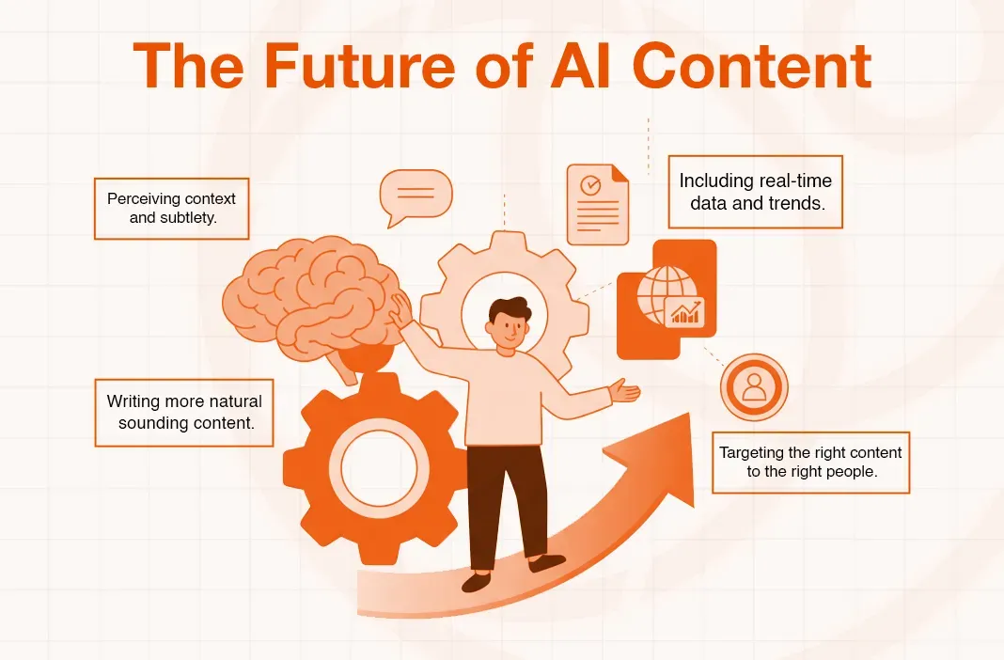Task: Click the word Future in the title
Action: point(351,67)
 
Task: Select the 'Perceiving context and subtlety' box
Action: point(171,208)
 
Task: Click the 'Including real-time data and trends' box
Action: point(755,191)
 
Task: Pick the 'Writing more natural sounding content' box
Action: point(184,412)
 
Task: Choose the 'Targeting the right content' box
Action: point(810,462)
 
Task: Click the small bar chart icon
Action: point(684,312)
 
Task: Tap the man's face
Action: point(507,325)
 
